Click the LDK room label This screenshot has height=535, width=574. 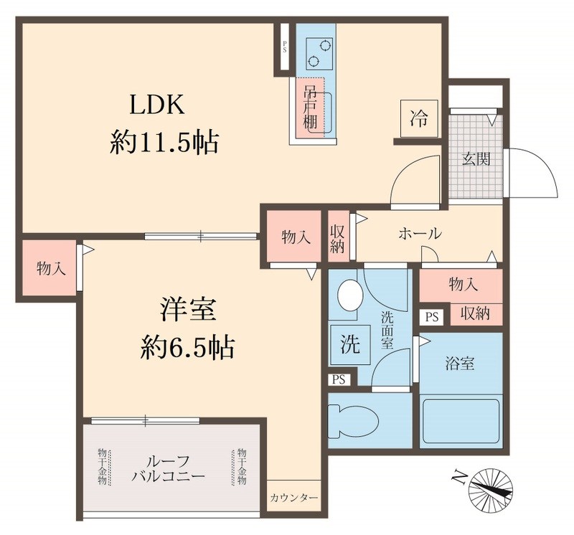[158, 105]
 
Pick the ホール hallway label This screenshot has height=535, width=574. [420, 234]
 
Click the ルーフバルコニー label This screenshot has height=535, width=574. [169, 467]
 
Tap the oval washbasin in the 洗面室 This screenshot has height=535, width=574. [349, 295]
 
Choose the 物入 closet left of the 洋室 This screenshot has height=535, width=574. [51, 268]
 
